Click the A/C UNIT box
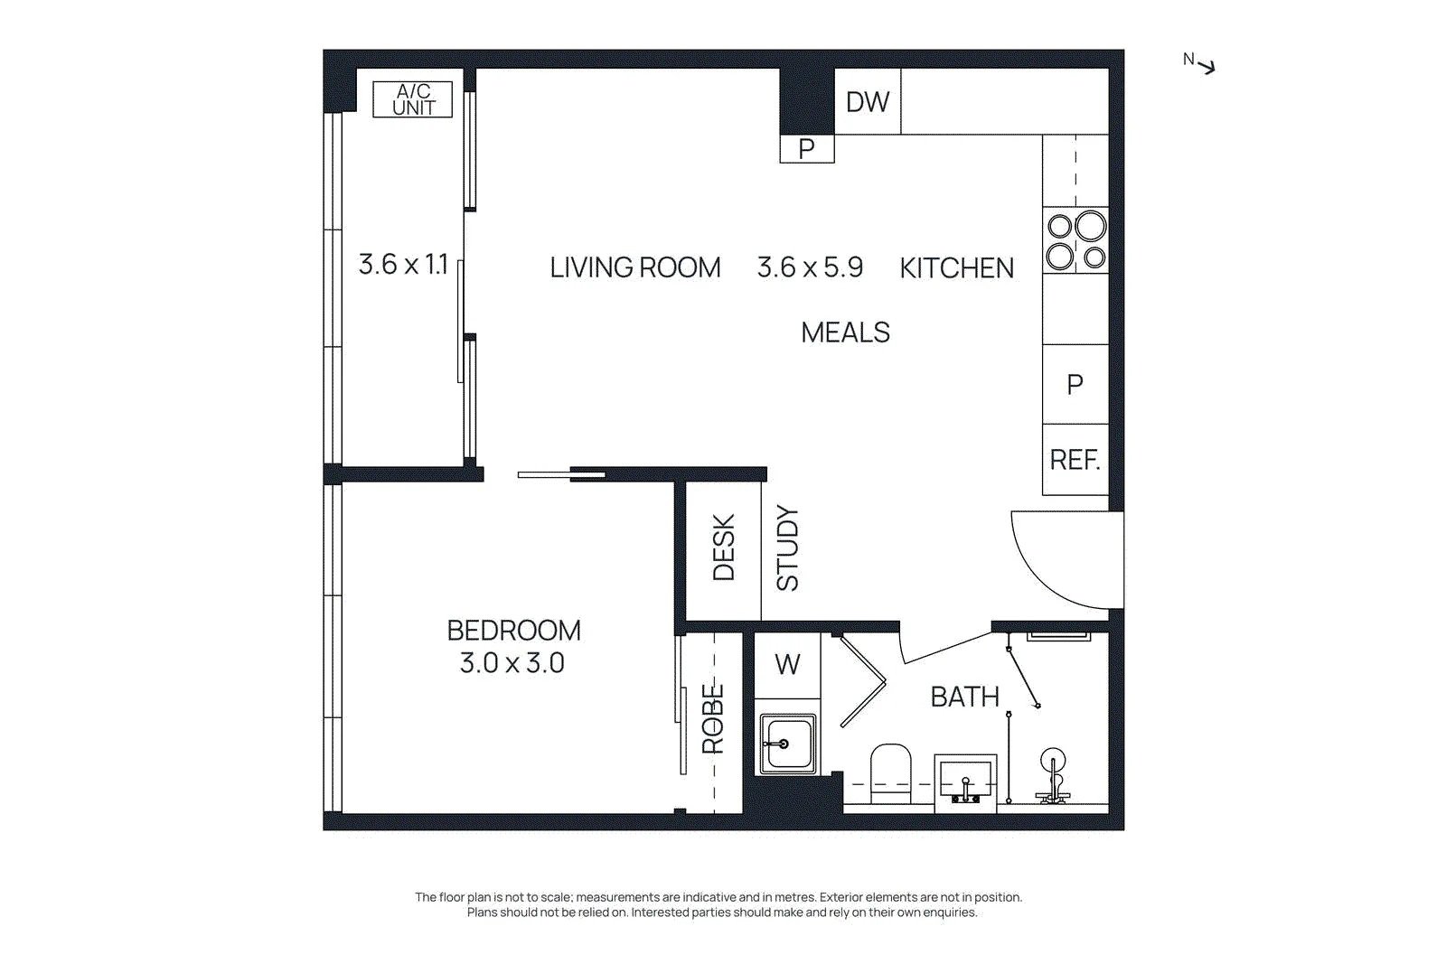[412, 99]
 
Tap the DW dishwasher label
[868, 102]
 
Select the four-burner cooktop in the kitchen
[1075, 240]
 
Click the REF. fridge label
[1075, 460]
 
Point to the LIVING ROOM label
[635, 267]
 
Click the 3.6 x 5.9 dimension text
[810, 267]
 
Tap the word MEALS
[846, 333]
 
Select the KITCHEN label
[957, 268]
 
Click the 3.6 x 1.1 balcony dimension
[403, 265]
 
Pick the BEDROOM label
[514, 631]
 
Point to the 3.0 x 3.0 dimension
[512, 663]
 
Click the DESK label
[724, 548]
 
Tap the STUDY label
[787, 548]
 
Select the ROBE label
[713, 719]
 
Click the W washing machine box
[787, 665]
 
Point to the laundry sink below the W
[787, 744]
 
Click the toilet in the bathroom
[891, 773]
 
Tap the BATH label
[965, 697]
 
